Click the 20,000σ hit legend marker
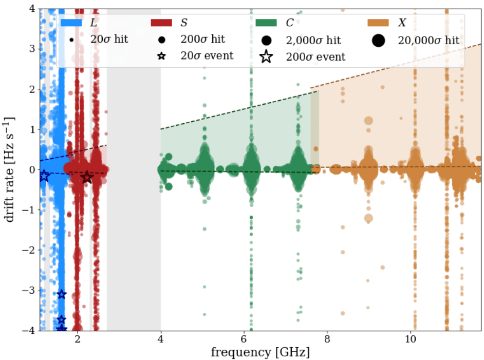(378, 40)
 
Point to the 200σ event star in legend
(266, 56)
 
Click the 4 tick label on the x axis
(161, 339)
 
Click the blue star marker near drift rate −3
(61, 294)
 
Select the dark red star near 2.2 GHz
(87, 177)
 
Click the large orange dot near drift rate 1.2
(368, 121)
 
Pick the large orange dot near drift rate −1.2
(368, 218)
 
